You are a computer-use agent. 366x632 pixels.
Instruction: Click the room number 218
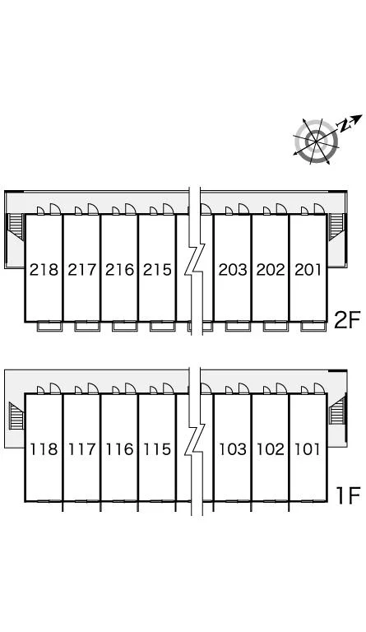point(44,270)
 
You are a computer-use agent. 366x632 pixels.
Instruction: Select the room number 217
point(81,270)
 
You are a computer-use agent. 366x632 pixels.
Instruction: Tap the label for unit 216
point(119,270)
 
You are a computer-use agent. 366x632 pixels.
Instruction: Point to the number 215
point(157,270)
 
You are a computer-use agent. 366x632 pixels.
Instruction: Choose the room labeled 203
point(233,270)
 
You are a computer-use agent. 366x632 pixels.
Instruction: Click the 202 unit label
point(271,270)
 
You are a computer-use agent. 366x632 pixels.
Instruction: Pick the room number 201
point(308,270)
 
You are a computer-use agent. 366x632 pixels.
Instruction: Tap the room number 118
point(44,449)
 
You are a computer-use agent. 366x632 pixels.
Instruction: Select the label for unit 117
point(81,449)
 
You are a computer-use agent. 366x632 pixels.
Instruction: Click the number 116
point(119,449)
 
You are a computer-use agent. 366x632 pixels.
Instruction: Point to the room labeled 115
point(157,449)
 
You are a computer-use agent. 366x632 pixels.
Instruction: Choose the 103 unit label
point(233,449)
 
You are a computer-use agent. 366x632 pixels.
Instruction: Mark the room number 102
point(271,449)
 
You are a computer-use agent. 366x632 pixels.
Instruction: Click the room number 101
point(308,449)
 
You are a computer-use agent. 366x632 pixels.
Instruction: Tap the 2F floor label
point(347,320)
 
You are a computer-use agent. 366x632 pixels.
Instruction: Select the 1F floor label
point(348,495)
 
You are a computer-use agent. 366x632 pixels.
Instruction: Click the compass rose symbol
point(317,142)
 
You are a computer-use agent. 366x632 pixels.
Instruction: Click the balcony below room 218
point(49,326)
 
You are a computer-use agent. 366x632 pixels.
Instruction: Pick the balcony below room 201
point(313,326)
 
